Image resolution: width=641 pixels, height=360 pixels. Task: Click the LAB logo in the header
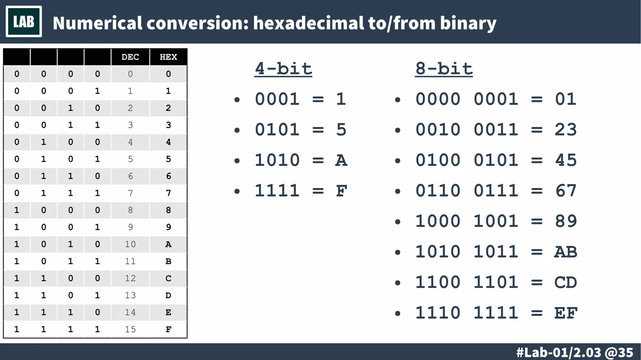[x=24, y=22]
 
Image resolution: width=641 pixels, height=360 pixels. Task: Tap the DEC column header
[x=130, y=57]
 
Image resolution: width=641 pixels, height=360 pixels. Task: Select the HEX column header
[x=168, y=57]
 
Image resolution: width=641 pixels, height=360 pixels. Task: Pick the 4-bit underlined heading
[x=283, y=69]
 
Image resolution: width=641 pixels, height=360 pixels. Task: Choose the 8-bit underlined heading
[x=444, y=69]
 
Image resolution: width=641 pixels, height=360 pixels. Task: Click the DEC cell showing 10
[x=130, y=244]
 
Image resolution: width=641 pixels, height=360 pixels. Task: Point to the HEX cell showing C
[x=168, y=278]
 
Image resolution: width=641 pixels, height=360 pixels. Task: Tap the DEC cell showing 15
[x=130, y=329]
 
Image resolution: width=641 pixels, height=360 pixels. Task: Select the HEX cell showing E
[x=168, y=312]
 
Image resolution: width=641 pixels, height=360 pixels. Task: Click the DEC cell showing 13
[x=130, y=295]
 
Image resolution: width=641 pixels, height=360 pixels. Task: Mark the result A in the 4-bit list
[x=341, y=161]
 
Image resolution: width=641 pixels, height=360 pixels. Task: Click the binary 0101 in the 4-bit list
[x=277, y=130]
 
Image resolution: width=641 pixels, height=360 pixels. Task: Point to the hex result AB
[x=566, y=252]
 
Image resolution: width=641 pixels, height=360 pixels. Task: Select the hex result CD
[x=566, y=282]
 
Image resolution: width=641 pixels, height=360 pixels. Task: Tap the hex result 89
[x=566, y=221]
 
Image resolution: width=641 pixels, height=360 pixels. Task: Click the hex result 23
[x=566, y=130]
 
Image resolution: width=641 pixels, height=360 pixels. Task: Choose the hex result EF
[x=566, y=313]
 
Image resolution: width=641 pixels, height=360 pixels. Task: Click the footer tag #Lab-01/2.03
[x=559, y=352]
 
